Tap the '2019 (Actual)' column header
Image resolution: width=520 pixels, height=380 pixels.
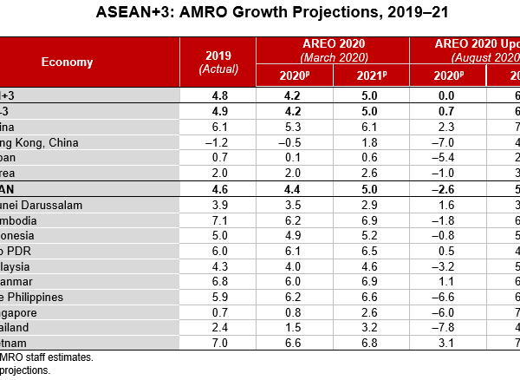(x=219, y=62)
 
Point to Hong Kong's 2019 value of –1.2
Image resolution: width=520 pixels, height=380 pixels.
(x=219, y=141)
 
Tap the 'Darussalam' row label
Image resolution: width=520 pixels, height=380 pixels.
(x=55, y=204)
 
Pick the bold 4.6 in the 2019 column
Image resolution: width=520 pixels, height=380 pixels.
(x=219, y=188)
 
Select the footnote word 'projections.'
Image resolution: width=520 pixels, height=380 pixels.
(x=26, y=370)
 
